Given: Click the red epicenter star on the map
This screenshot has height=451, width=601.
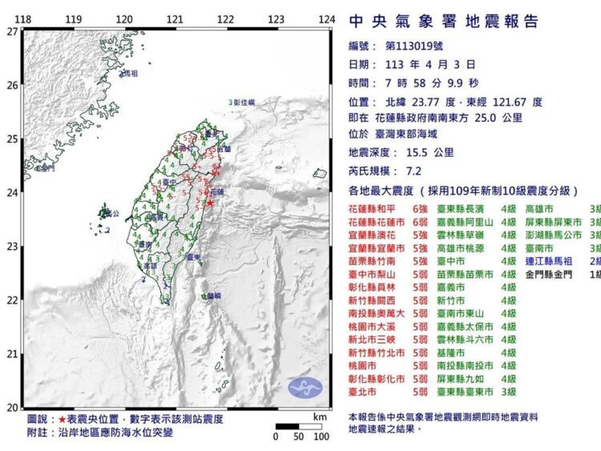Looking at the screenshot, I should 210,203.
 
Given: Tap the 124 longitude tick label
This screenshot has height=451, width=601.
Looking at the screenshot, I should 326,19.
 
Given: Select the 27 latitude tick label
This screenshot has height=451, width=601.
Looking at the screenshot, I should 11,32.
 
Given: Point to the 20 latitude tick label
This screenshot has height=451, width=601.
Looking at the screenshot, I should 11,406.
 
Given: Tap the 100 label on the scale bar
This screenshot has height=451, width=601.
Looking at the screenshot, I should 321,437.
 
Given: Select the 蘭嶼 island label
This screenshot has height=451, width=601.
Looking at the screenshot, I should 213,296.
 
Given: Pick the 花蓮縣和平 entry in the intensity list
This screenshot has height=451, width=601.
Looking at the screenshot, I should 376,207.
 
